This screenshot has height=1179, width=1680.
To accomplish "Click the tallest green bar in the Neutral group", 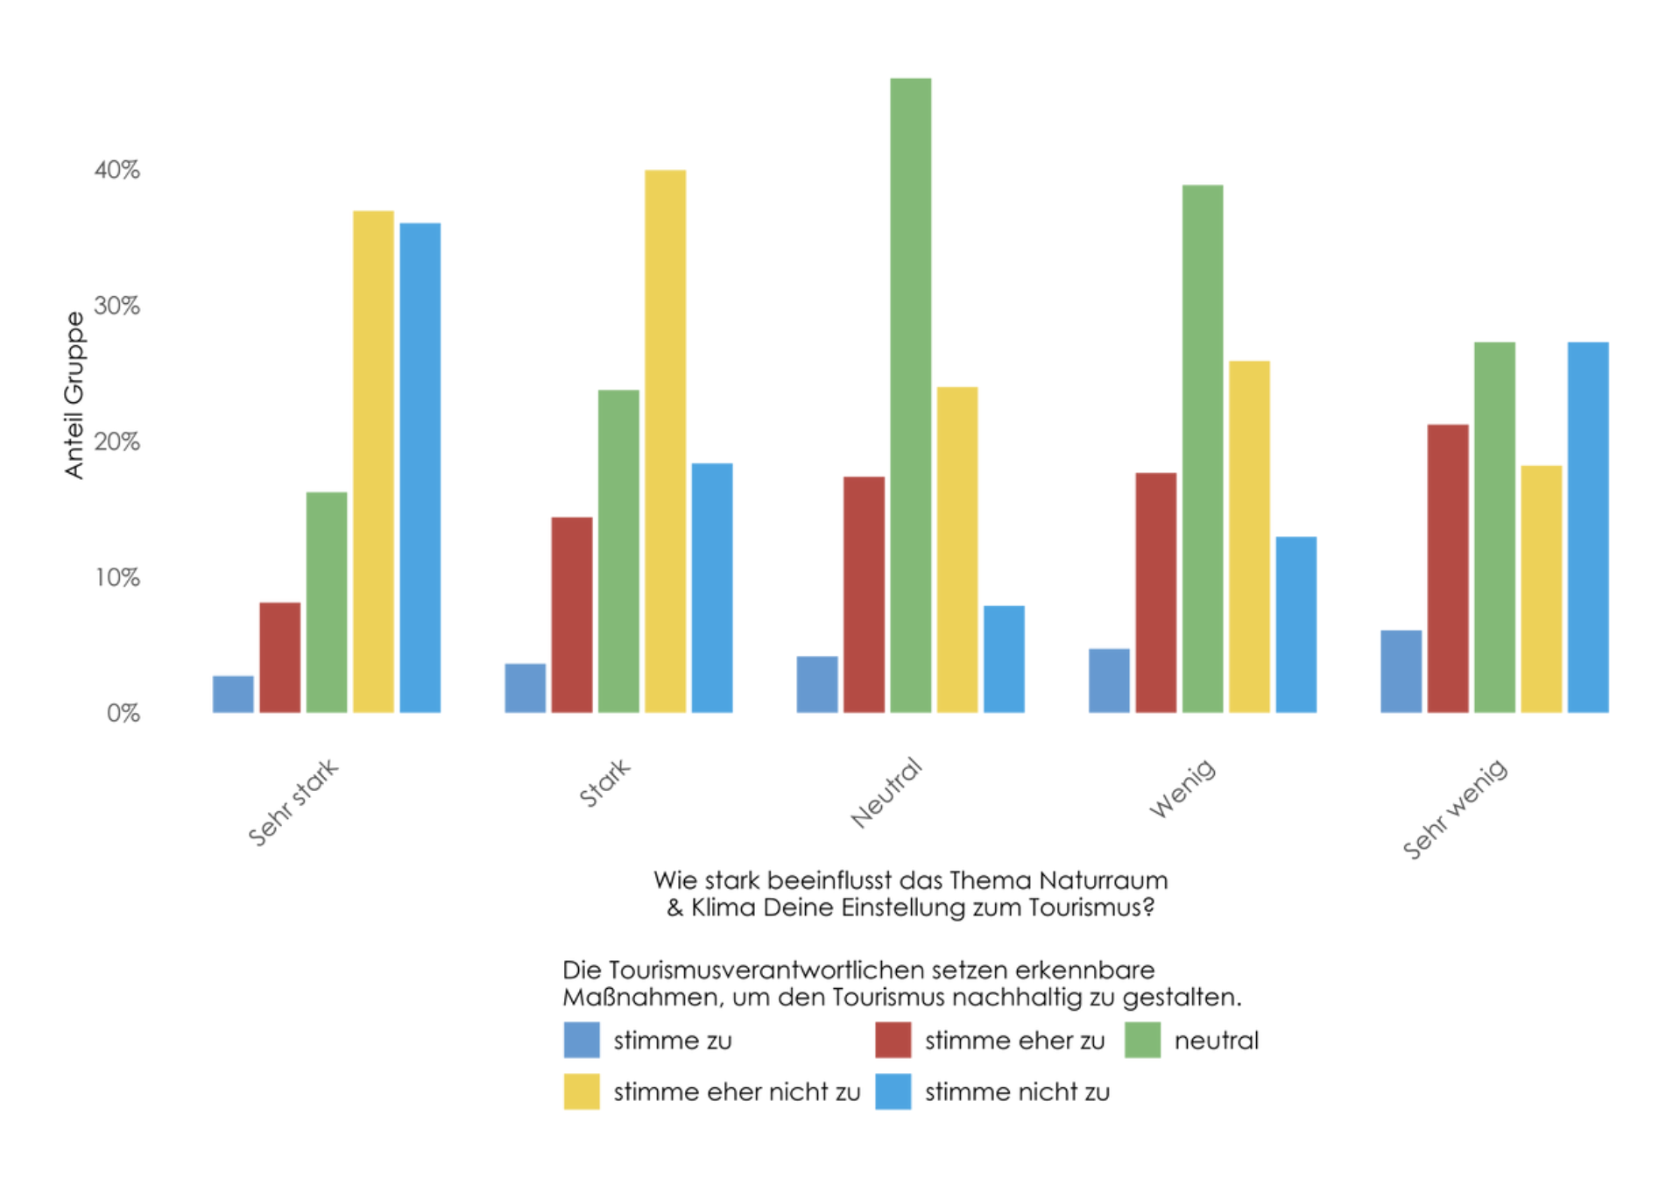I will click(910, 394).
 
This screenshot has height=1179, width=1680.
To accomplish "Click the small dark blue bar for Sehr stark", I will click(233, 694).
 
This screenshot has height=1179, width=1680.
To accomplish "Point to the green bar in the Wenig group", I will click(1202, 448).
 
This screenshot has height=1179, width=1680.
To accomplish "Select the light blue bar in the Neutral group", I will click(1003, 659).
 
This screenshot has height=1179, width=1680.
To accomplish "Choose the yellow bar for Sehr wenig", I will click(1541, 589).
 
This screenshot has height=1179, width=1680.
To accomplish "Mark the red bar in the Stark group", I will click(571, 614).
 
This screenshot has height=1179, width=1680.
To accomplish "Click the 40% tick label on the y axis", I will click(117, 170).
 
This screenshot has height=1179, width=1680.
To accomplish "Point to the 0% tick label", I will click(124, 713).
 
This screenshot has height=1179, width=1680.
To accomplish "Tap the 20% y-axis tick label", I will click(117, 441).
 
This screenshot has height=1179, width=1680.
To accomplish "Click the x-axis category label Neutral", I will click(886, 793).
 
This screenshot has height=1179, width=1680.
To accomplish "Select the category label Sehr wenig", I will click(1455, 808).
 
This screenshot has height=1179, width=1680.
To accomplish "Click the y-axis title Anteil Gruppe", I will click(74, 395).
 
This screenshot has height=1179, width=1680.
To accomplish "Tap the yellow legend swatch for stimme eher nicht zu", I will click(582, 1091).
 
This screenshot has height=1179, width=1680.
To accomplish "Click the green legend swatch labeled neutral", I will click(1142, 1040).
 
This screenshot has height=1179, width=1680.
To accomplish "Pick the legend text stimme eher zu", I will click(1014, 1041).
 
